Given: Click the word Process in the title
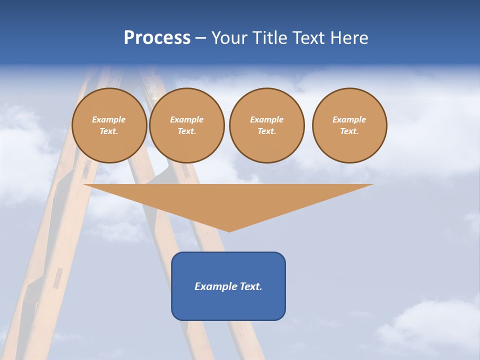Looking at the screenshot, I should pos(157,38).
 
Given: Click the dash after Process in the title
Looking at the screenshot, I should pos(200,38).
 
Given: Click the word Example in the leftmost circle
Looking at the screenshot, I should pos(109,119).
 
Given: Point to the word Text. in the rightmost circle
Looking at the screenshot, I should pos(349,131).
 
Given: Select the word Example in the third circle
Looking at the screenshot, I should pos(267,119).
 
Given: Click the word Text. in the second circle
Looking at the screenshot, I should pos(187,131).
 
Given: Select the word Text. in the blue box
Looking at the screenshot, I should pos(251,286).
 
